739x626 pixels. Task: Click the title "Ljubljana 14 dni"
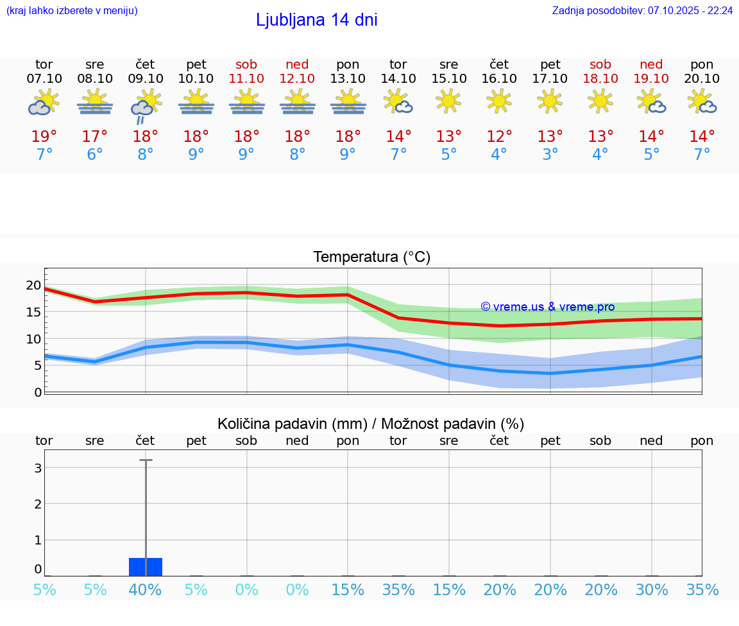316,20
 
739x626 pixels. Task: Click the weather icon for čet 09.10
146,106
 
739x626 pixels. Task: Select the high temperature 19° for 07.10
44,137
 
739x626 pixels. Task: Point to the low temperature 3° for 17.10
550,155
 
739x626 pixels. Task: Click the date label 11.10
246,78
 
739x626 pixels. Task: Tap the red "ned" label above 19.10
651,64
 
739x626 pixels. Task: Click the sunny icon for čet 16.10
499,101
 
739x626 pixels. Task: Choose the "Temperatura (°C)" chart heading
371,257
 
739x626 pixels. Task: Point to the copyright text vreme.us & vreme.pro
548,307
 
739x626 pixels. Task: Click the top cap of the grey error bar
146,460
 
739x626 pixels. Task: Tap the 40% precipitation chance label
146,590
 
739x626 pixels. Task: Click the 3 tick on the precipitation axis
38,468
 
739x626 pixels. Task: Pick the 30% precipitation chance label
652,590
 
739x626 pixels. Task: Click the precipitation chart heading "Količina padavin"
292,424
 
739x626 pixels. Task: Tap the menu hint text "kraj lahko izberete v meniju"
72,11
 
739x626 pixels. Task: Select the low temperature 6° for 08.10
95,155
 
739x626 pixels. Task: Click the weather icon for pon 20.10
702,102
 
